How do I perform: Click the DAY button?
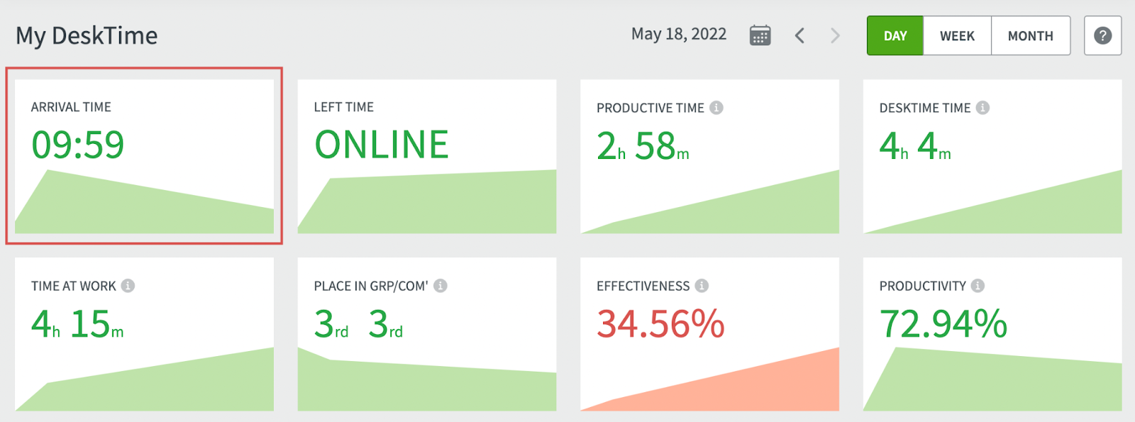[x=895, y=35]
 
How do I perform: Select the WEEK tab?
[x=957, y=35]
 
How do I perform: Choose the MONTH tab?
[x=1030, y=35]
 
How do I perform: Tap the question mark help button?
[x=1102, y=35]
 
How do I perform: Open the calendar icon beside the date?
[x=760, y=35]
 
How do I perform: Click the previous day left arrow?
[x=799, y=35]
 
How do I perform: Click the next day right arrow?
[x=835, y=35]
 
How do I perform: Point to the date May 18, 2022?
[x=678, y=34]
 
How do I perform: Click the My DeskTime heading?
[x=87, y=35]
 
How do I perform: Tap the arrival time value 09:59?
[x=77, y=145]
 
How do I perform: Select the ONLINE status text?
[x=381, y=145]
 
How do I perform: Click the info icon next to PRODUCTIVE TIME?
[x=716, y=108]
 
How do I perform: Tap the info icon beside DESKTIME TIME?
[x=982, y=108]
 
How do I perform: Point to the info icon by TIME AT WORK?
[x=128, y=286]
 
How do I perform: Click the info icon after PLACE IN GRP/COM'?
[x=441, y=286]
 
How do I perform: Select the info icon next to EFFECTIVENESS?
[x=702, y=286]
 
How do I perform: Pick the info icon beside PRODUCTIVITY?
[x=978, y=286]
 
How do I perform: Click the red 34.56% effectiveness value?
[x=660, y=324]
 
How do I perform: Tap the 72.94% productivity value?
[x=943, y=324]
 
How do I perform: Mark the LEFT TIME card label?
[x=343, y=107]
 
